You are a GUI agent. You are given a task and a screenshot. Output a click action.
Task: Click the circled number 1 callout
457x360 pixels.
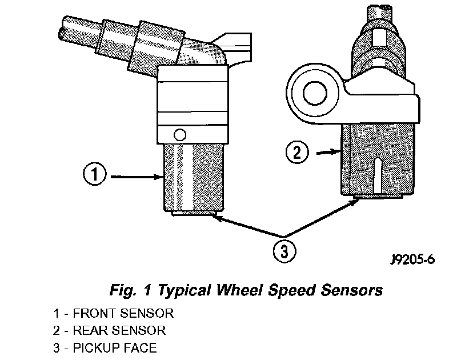95,174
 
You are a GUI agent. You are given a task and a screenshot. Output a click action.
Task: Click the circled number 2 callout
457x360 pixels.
296,153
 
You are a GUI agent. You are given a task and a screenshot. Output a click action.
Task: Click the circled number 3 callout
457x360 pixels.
284,251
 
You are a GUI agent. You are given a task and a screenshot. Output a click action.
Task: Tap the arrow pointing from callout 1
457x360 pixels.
137,177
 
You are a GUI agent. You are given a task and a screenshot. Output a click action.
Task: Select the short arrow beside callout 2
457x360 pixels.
329,152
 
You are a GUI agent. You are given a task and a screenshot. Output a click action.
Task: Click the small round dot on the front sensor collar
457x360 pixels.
179,135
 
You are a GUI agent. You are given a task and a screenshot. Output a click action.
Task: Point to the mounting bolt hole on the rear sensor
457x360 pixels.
315,93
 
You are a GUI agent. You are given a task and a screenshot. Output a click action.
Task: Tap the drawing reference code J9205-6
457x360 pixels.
412,259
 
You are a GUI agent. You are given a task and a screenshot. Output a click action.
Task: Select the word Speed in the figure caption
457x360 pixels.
292,291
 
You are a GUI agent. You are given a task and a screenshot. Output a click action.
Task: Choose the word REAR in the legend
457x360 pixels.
90,330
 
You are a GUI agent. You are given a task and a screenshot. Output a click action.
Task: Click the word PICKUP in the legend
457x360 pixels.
97,348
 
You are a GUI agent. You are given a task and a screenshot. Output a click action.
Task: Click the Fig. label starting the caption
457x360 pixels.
123,291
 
